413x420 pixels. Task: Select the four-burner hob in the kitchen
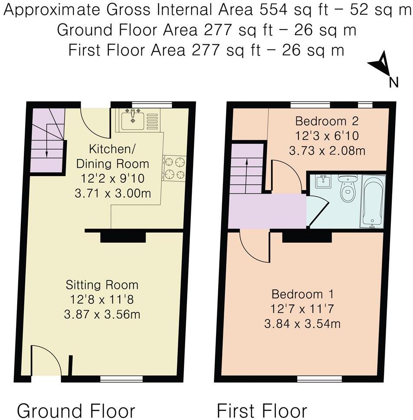(174, 168)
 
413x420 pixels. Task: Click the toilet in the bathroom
(347, 189)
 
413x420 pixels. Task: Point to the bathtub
(373, 200)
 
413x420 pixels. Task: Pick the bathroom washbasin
(324, 181)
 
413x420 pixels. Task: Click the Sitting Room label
(102, 285)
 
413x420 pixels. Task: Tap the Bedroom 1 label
(303, 294)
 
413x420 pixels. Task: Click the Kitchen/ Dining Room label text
(112, 157)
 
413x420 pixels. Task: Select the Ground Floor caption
(76, 410)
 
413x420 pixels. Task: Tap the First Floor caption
(262, 410)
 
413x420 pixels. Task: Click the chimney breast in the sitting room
(123, 237)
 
